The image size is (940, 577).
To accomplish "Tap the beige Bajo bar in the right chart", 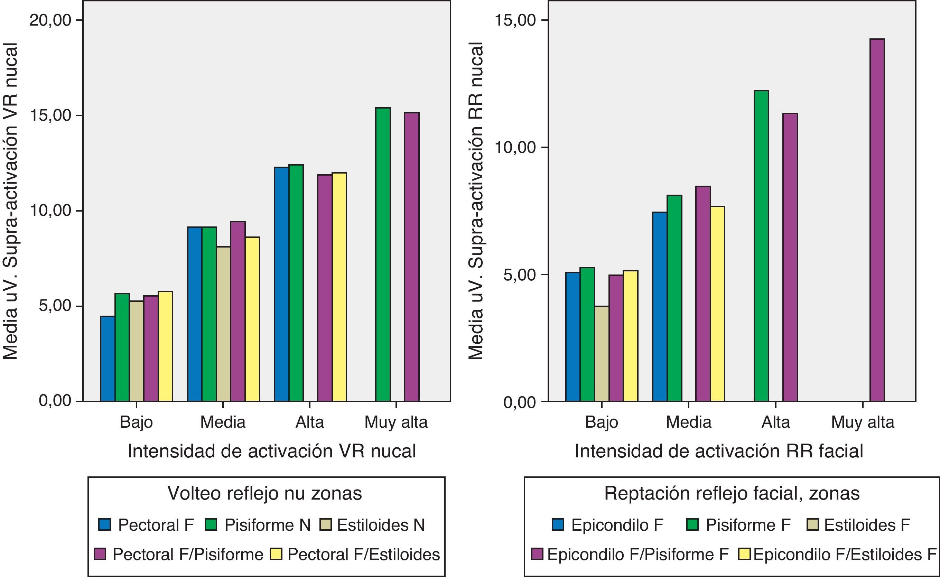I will pos(602,354).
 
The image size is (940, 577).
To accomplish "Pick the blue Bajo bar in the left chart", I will pos(108,359).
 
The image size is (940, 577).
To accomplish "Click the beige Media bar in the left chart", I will pos(224,324).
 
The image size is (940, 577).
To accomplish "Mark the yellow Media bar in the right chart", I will pos(718,304).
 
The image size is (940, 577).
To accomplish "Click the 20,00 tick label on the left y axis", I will pos(50,20).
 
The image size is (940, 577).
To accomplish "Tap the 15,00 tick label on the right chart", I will pos(515,20).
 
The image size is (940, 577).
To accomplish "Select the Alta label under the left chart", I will pos(309,422).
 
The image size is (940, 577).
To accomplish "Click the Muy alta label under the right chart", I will pos(863,422).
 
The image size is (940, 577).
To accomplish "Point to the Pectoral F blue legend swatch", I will pos(104,524).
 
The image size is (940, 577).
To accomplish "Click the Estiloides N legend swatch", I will pos(325,524).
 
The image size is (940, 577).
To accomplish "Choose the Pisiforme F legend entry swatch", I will pos(692,524).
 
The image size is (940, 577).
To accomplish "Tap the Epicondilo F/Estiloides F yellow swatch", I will pos(744,554).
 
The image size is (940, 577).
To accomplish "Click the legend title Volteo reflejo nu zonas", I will pos(265,493).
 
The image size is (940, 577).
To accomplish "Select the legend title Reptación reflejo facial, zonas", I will pos(732,493).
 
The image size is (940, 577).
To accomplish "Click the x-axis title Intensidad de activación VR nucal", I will pos(271,451).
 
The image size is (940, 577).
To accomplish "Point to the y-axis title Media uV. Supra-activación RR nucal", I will pos(476,201).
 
